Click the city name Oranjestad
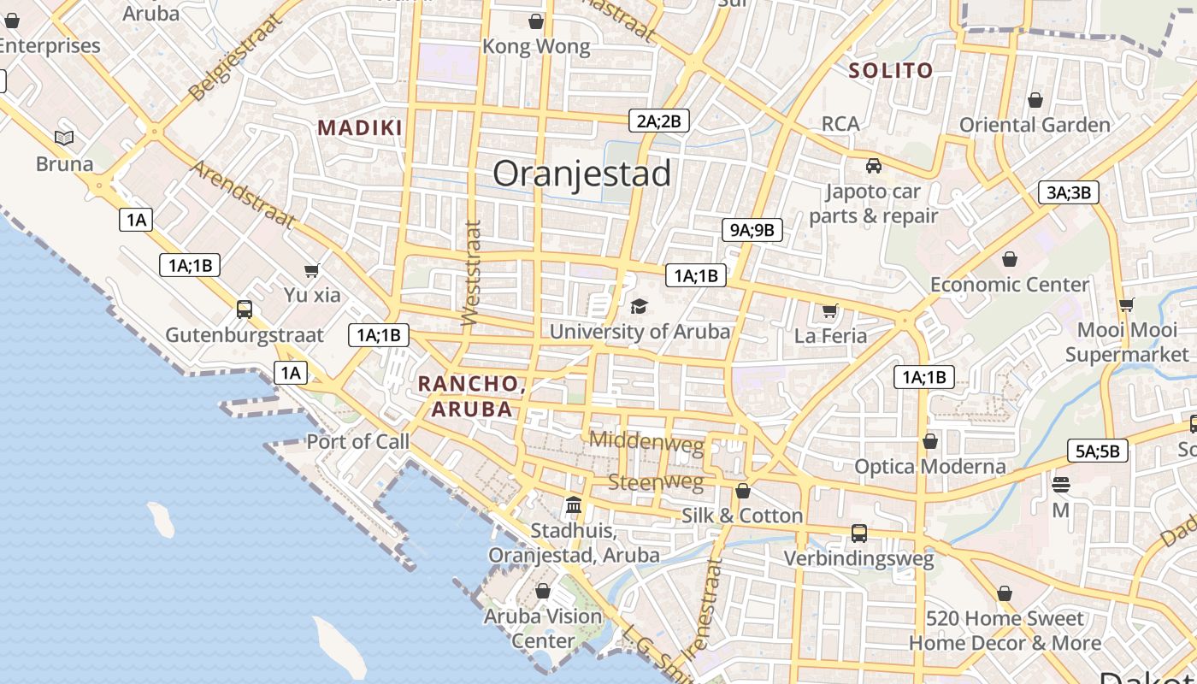[581, 174]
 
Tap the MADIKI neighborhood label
[360, 128]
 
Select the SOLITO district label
[890, 71]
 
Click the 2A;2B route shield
[658, 121]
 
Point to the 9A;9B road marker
[752, 229]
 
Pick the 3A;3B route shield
[1068, 192]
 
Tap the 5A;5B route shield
[1097, 451]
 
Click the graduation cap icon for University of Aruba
[639, 306]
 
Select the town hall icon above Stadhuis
[574, 505]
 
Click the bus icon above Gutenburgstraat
[245, 309]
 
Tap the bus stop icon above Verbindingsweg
[859, 534]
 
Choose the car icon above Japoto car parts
[873, 166]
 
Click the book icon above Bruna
[64, 138]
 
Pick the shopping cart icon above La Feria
[829, 310]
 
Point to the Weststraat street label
[471, 274]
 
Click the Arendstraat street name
[243, 194]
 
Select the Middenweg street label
[646, 441]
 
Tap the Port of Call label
[358, 442]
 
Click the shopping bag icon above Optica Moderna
[930, 441]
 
